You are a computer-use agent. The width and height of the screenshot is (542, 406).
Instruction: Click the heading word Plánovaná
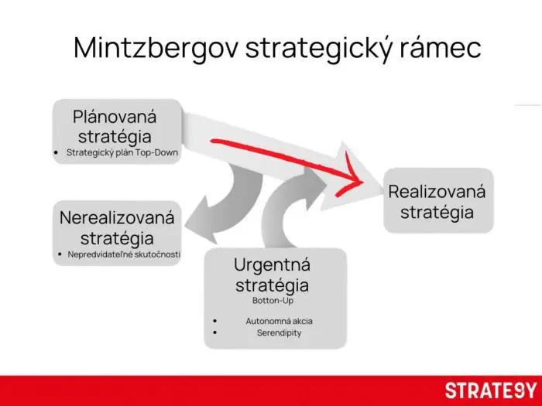(x=115, y=117)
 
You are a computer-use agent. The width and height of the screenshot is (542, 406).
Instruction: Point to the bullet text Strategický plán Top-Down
(x=122, y=153)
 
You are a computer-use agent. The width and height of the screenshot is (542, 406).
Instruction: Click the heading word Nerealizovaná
(x=117, y=217)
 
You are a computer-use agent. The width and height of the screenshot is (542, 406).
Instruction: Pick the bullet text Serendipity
(x=279, y=333)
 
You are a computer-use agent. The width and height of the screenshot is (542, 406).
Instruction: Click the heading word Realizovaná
(x=437, y=191)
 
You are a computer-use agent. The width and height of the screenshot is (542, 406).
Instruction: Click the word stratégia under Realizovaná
(x=437, y=212)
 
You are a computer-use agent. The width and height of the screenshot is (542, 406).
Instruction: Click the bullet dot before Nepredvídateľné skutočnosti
(x=60, y=254)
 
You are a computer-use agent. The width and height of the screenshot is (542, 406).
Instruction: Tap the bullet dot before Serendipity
(x=214, y=333)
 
